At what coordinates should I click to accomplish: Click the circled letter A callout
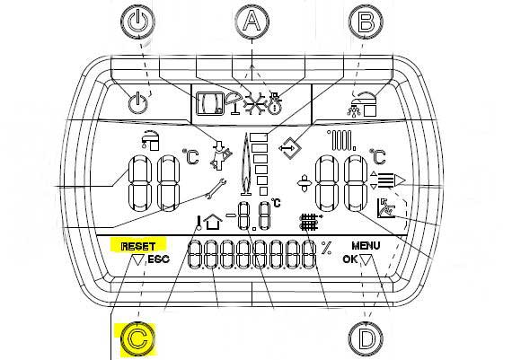tap(252, 22)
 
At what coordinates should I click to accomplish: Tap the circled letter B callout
tap(366, 22)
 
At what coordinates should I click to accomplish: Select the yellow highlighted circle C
tap(137, 339)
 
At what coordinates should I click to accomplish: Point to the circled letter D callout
tap(366, 339)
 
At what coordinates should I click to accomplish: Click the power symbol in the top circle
tap(137, 22)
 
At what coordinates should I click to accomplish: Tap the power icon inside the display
tap(137, 103)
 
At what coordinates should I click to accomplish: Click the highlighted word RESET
tap(138, 246)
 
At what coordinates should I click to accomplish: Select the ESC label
tap(159, 259)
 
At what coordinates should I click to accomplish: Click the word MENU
tap(366, 245)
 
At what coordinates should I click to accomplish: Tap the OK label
tap(350, 259)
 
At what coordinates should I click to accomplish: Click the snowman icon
tap(275, 103)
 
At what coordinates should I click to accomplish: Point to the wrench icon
tap(216, 188)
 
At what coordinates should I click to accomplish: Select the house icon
tap(213, 222)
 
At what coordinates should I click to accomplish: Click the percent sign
tap(326, 248)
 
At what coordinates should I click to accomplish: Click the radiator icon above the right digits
tap(342, 140)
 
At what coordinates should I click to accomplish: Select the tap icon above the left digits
tap(150, 140)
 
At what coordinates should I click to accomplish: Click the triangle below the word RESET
tap(138, 260)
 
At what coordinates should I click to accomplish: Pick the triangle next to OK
tap(366, 260)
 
